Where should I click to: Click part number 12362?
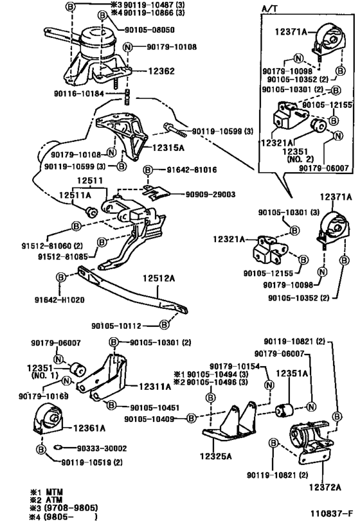pyautogui.click(x=161, y=71)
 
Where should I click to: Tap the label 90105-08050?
pyautogui.click(x=149, y=30)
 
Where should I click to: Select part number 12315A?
pyautogui.click(x=168, y=148)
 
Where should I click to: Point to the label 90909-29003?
pyautogui.click(x=211, y=194)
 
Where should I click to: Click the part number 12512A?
pyautogui.click(x=159, y=278)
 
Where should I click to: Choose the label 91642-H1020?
pyautogui.click(x=59, y=299)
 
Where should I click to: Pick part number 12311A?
pyautogui.click(x=155, y=387)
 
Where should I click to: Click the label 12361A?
pyautogui.click(x=89, y=428)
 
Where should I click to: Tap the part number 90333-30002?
pyautogui.click(x=102, y=448)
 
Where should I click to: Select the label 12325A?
pyautogui.click(x=215, y=456)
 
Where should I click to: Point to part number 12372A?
pyautogui.click(x=325, y=487)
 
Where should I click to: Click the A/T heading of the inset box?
pyautogui.click(x=269, y=9)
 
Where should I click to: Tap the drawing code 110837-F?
pyautogui.click(x=332, y=513)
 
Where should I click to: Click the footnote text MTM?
pyautogui.click(x=54, y=492)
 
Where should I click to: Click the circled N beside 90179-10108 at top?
pyautogui.click(x=128, y=48)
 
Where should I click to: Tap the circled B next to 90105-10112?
pyautogui.click(x=164, y=325)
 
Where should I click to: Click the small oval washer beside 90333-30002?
pyautogui.click(x=58, y=447)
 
